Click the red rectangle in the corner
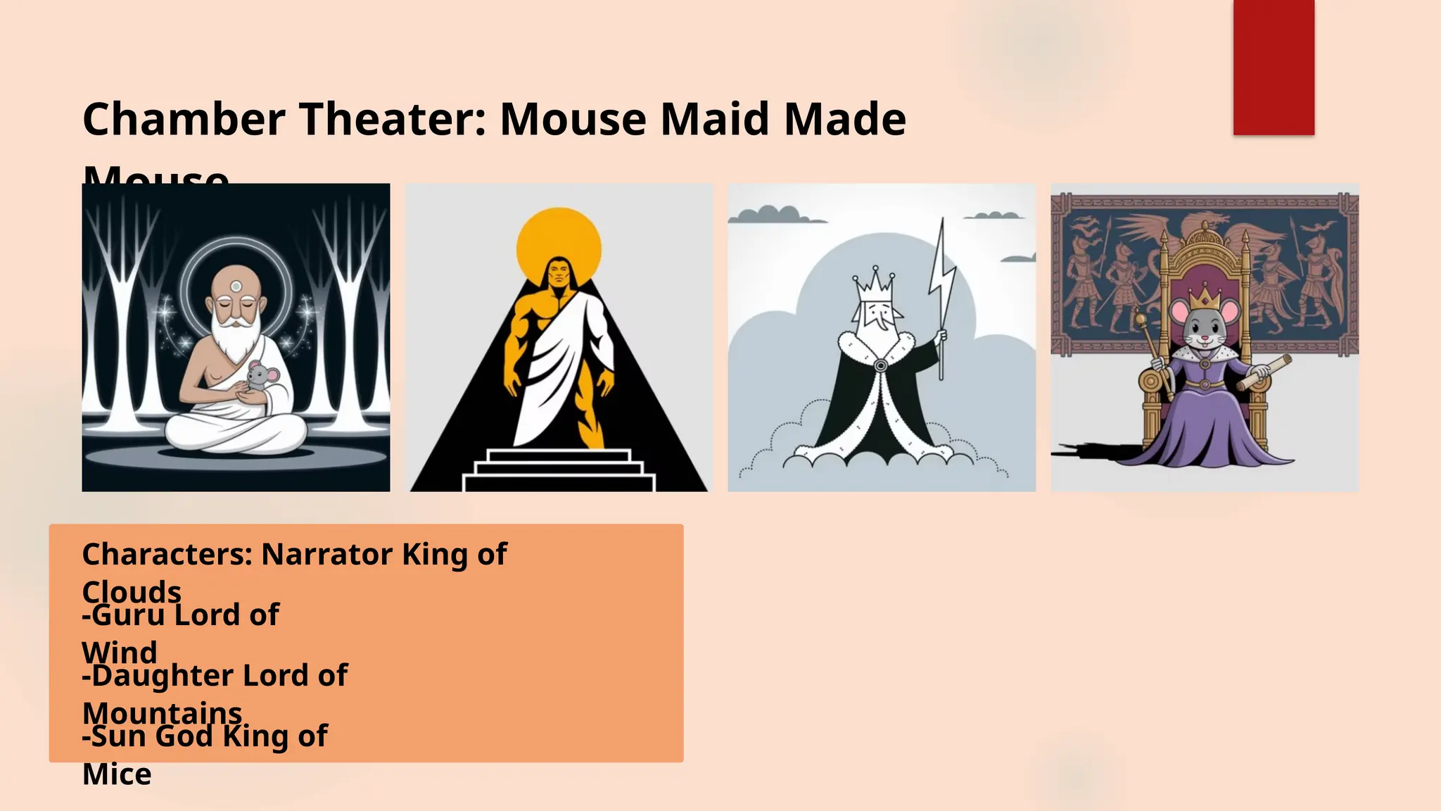pyautogui.click(x=1274, y=67)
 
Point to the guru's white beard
pyautogui.click(x=236, y=338)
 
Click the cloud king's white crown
pyautogui.click(x=875, y=285)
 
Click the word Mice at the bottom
pyautogui.click(x=117, y=774)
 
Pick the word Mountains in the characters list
pyautogui.click(x=162, y=712)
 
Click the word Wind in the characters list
pyautogui.click(x=120, y=652)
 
